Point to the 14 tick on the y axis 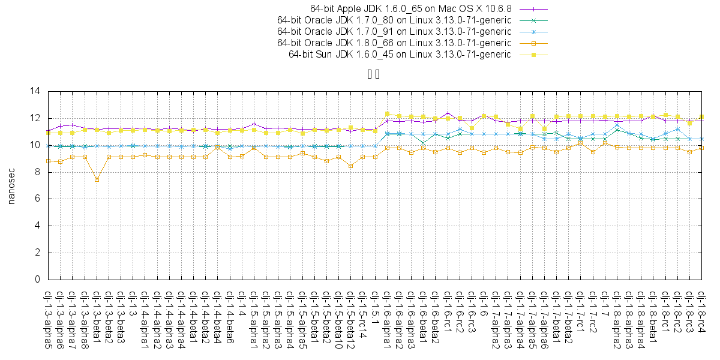[x=35, y=91]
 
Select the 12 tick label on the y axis [x=35, y=118]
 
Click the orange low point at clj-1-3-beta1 [x=97, y=179]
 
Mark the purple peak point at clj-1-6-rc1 [x=448, y=113]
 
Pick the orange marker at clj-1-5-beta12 [x=351, y=166]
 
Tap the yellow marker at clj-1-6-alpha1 [x=387, y=113]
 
